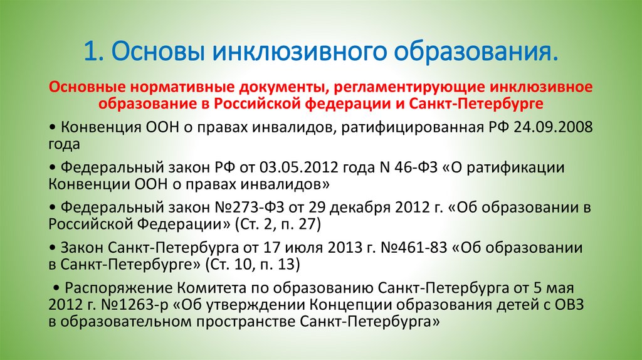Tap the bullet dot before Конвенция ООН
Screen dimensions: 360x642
(x=50, y=127)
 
